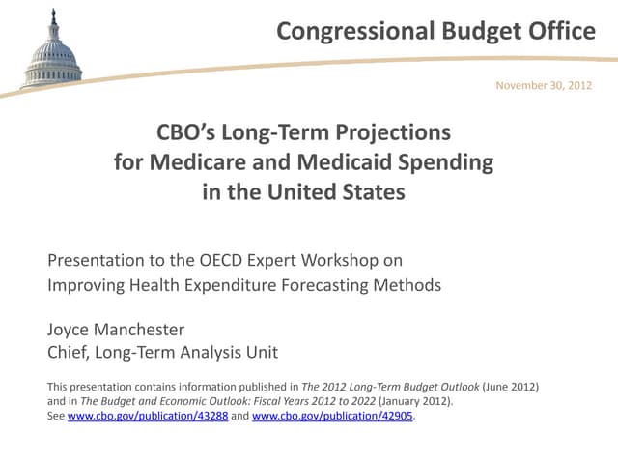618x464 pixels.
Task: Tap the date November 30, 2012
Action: pos(544,86)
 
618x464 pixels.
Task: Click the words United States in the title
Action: pos(336,191)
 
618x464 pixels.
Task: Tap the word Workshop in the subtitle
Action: pos(345,261)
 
